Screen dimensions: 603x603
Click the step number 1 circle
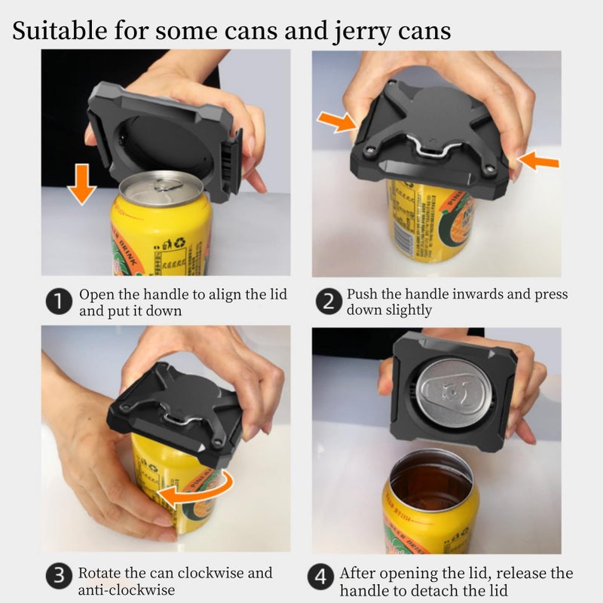(x=60, y=302)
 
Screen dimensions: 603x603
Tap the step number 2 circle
(x=329, y=302)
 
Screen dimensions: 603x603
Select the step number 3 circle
(x=60, y=577)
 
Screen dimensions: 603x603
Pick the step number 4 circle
(x=321, y=579)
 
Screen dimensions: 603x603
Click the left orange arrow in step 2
(x=337, y=121)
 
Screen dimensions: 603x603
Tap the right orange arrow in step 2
(x=540, y=161)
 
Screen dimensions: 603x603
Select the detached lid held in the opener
(x=450, y=390)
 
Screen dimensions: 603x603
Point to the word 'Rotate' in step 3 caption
(x=101, y=573)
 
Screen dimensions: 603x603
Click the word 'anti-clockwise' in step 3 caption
(x=127, y=589)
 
